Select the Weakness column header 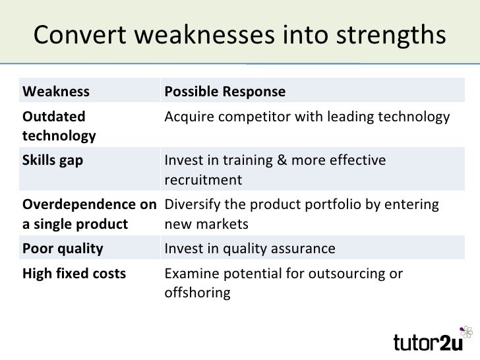[x=55, y=91]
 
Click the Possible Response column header [x=224, y=91]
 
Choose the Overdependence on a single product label [x=88, y=214]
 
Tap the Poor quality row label [x=63, y=249]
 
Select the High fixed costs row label [x=74, y=274]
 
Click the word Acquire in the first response [x=186, y=117]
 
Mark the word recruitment [x=202, y=180]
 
